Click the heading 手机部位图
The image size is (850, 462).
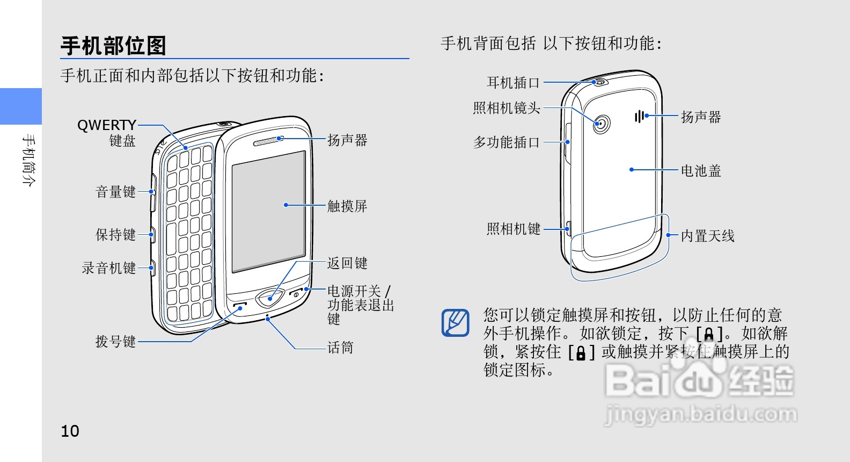113,46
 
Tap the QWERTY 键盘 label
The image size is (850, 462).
107,132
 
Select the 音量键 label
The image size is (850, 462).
115,192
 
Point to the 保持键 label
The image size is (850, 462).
115,235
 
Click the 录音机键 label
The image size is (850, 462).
108,268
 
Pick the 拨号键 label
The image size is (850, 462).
115,341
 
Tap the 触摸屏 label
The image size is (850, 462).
347,206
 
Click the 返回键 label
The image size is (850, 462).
347,263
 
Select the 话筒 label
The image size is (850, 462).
341,348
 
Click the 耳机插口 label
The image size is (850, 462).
513,83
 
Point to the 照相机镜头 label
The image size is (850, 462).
506,108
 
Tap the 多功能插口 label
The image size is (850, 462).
506,142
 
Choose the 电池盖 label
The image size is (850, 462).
701,171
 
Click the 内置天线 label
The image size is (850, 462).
707,236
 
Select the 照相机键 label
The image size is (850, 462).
513,229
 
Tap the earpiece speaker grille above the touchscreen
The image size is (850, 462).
267,142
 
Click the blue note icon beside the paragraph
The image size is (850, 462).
455,323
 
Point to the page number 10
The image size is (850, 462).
70,431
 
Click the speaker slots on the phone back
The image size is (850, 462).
639,116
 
